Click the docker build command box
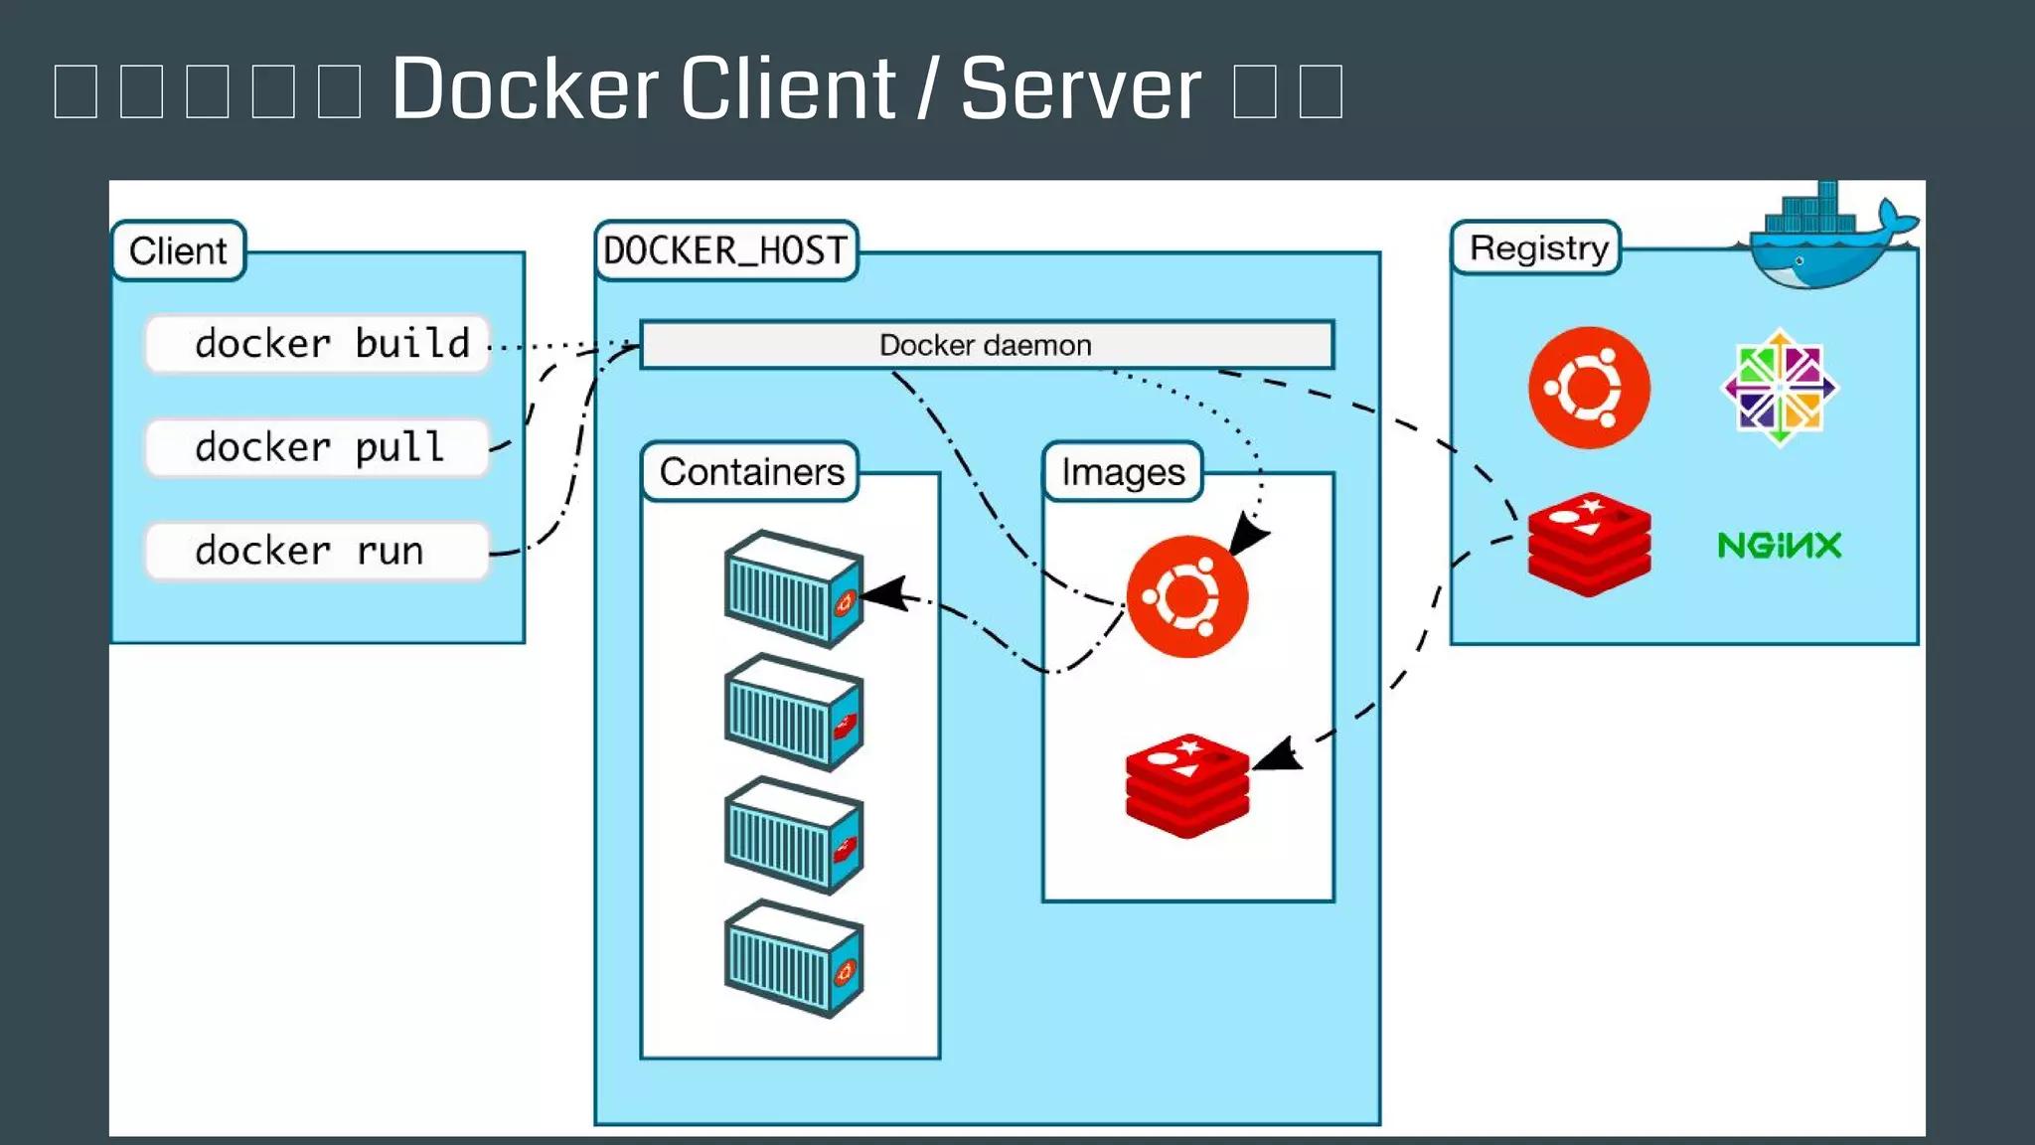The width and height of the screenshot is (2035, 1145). click(x=318, y=344)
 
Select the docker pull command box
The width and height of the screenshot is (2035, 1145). click(x=318, y=447)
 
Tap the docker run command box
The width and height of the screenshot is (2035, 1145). click(x=318, y=551)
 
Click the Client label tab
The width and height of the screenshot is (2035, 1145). click(x=179, y=250)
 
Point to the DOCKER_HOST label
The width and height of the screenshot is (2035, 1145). click(x=726, y=250)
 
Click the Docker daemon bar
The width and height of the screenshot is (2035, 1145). click(x=987, y=345)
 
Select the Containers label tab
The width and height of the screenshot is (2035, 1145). click(x=751, y=471)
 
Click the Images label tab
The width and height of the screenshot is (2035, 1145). click(x=1123, y=471)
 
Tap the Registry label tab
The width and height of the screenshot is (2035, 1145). click(x=1538, y=247)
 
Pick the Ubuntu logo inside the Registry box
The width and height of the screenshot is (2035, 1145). click(x=1589, y=388)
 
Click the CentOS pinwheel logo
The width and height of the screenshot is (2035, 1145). click(x=1780, y=388)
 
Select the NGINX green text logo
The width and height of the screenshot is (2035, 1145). click(x=1780, y=545)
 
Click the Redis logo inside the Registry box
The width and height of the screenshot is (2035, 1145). click(x=1589, y=544)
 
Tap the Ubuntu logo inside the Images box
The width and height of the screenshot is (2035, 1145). click(x=1187, y=596)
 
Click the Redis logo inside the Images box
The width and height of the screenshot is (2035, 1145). click(x=1187, y=785)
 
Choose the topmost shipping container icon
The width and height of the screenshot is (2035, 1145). click(x=793, y=588)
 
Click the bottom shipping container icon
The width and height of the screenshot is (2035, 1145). click(x=793, y=958)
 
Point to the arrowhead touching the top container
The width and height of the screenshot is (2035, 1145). click(x=883, y=594)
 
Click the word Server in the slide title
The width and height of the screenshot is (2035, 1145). click(x=1081, y=89)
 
